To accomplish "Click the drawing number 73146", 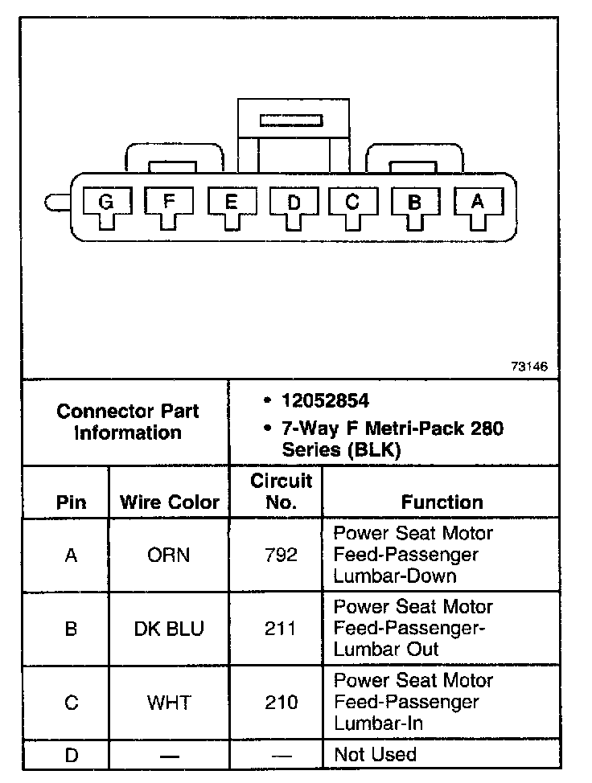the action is (528, 367).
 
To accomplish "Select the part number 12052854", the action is (325, 400).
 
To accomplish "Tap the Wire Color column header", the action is (169, 502).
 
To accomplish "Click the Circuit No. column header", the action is (281, 492).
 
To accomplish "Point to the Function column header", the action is (442, 502).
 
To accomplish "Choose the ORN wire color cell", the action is (169, 555).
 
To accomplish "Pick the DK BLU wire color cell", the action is (169, 629).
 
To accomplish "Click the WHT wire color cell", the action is (169, 703).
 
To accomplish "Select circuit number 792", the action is (281, 555).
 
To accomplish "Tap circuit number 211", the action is (281, 629).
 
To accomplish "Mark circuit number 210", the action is (281, 703).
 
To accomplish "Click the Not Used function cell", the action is (375, 755).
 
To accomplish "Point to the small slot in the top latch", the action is (291, 121).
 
